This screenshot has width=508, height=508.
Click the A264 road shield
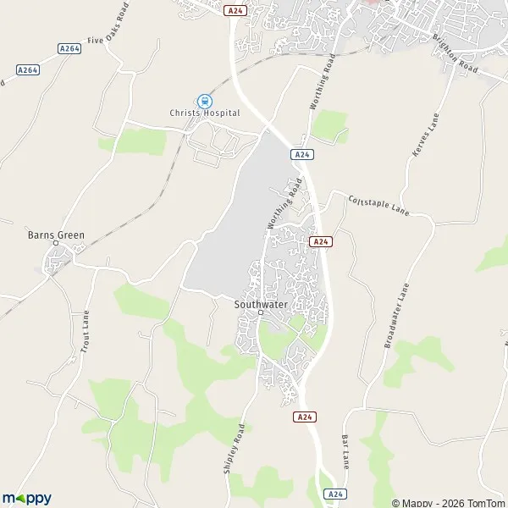click(69, 48)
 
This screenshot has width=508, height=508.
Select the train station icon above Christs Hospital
click(203, 100)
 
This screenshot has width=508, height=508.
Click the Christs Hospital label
click(204, 113)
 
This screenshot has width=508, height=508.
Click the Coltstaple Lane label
click(378, 205)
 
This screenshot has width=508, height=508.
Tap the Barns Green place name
click(56, 235)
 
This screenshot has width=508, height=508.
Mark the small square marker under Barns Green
click(56, 245)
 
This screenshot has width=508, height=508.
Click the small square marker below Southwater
click(261, 312)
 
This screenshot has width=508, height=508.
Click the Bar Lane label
click(345, 452)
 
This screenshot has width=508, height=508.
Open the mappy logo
click(27, 498)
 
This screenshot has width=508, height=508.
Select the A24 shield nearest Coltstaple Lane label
click(319, 241)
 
